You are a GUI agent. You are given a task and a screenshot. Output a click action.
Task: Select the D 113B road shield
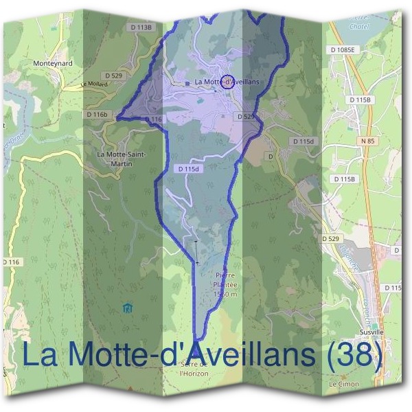[x=140, y=27]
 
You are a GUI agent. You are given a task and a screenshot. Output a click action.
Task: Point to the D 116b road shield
[x=98, y=113]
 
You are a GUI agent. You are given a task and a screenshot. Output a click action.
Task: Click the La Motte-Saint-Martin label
[x=120, y=158]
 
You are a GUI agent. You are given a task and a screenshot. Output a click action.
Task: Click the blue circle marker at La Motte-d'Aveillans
[x=228, y=81]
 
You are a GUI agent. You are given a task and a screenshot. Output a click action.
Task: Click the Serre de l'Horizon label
[x=194, y=369]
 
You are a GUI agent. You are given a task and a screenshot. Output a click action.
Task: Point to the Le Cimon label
[x=343, y=384]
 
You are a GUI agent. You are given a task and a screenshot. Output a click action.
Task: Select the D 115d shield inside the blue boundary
[x=187, y=168]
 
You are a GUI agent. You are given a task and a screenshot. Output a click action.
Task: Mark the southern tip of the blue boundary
[x=196, y=339]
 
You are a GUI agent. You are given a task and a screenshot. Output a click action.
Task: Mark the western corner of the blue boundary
[x=117, y=118]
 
